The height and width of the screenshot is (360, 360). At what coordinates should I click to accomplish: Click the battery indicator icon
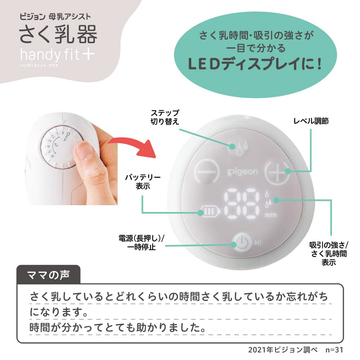point(208,211)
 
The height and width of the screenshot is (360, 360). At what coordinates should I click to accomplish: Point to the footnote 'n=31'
point(334,349)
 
